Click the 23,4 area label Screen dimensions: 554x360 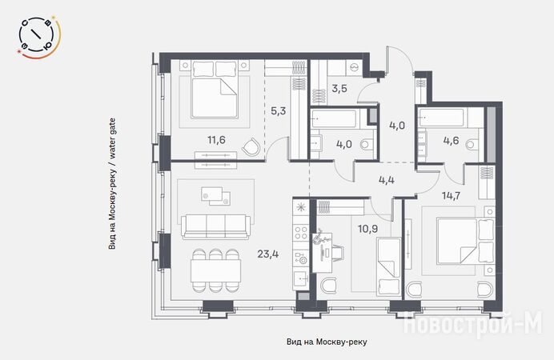point(268,254)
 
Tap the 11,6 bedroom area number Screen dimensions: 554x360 point(216,140)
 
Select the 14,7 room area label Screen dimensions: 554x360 point(452,195)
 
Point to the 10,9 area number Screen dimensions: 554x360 point(367,229)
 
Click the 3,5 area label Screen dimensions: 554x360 point(339,88)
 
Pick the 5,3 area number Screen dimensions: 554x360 point(278,111)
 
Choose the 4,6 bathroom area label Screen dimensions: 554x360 point(452,141)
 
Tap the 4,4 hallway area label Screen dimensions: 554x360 point(387,180)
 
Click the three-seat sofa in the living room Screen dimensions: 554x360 point(215,226)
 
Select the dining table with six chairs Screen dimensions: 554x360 point(215,270)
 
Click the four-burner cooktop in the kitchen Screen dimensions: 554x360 point(301,233)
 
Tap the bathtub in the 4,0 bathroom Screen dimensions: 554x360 point(334,118)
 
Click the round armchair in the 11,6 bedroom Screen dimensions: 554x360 point(251,146)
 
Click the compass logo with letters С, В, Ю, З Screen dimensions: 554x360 point(38,36)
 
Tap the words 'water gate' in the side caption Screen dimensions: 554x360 point(112,138)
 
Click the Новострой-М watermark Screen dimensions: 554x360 point(472,324)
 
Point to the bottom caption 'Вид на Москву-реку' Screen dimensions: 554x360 point(327,342)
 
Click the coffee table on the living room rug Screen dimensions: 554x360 point(215,196)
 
